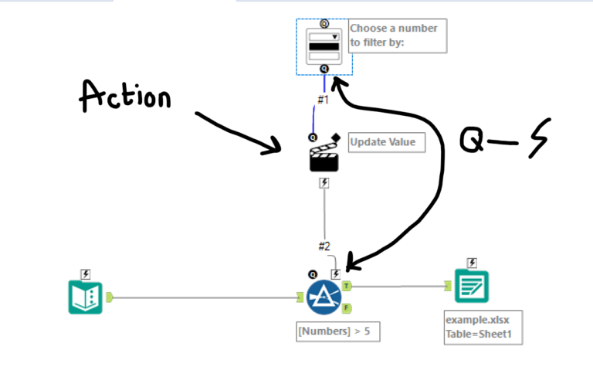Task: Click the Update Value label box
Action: point(386,142)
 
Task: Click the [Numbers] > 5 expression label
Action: point(337,332)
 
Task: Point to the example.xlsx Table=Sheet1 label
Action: point(478,328)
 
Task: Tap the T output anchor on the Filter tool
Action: point(347,286)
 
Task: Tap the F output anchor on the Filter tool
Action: point(347,308)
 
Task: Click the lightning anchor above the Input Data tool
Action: point(85,274)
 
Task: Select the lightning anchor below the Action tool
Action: point(324,183)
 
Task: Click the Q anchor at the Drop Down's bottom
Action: point(324,69)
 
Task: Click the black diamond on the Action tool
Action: point(337,138)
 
